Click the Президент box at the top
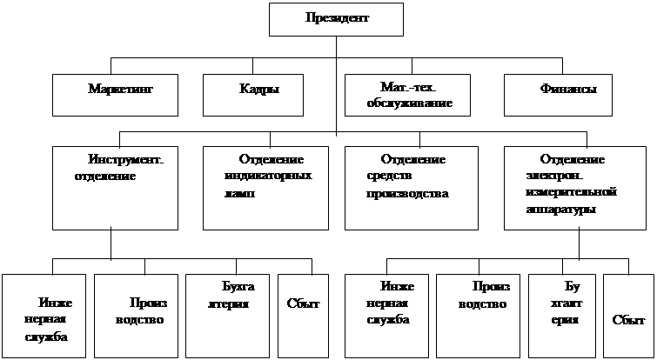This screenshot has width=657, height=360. (337, 19)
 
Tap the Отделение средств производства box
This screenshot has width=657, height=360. (411, 187)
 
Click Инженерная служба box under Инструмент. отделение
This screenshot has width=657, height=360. (44, 316)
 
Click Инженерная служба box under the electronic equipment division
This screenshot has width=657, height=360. (386, 316)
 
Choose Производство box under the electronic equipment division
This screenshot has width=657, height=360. (478, 316)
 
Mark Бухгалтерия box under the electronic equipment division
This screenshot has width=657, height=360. (563, 316)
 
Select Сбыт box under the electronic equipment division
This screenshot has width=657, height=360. (627, 316)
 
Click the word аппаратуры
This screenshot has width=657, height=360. (563, 211)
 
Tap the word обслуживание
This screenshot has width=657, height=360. (410, 103)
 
